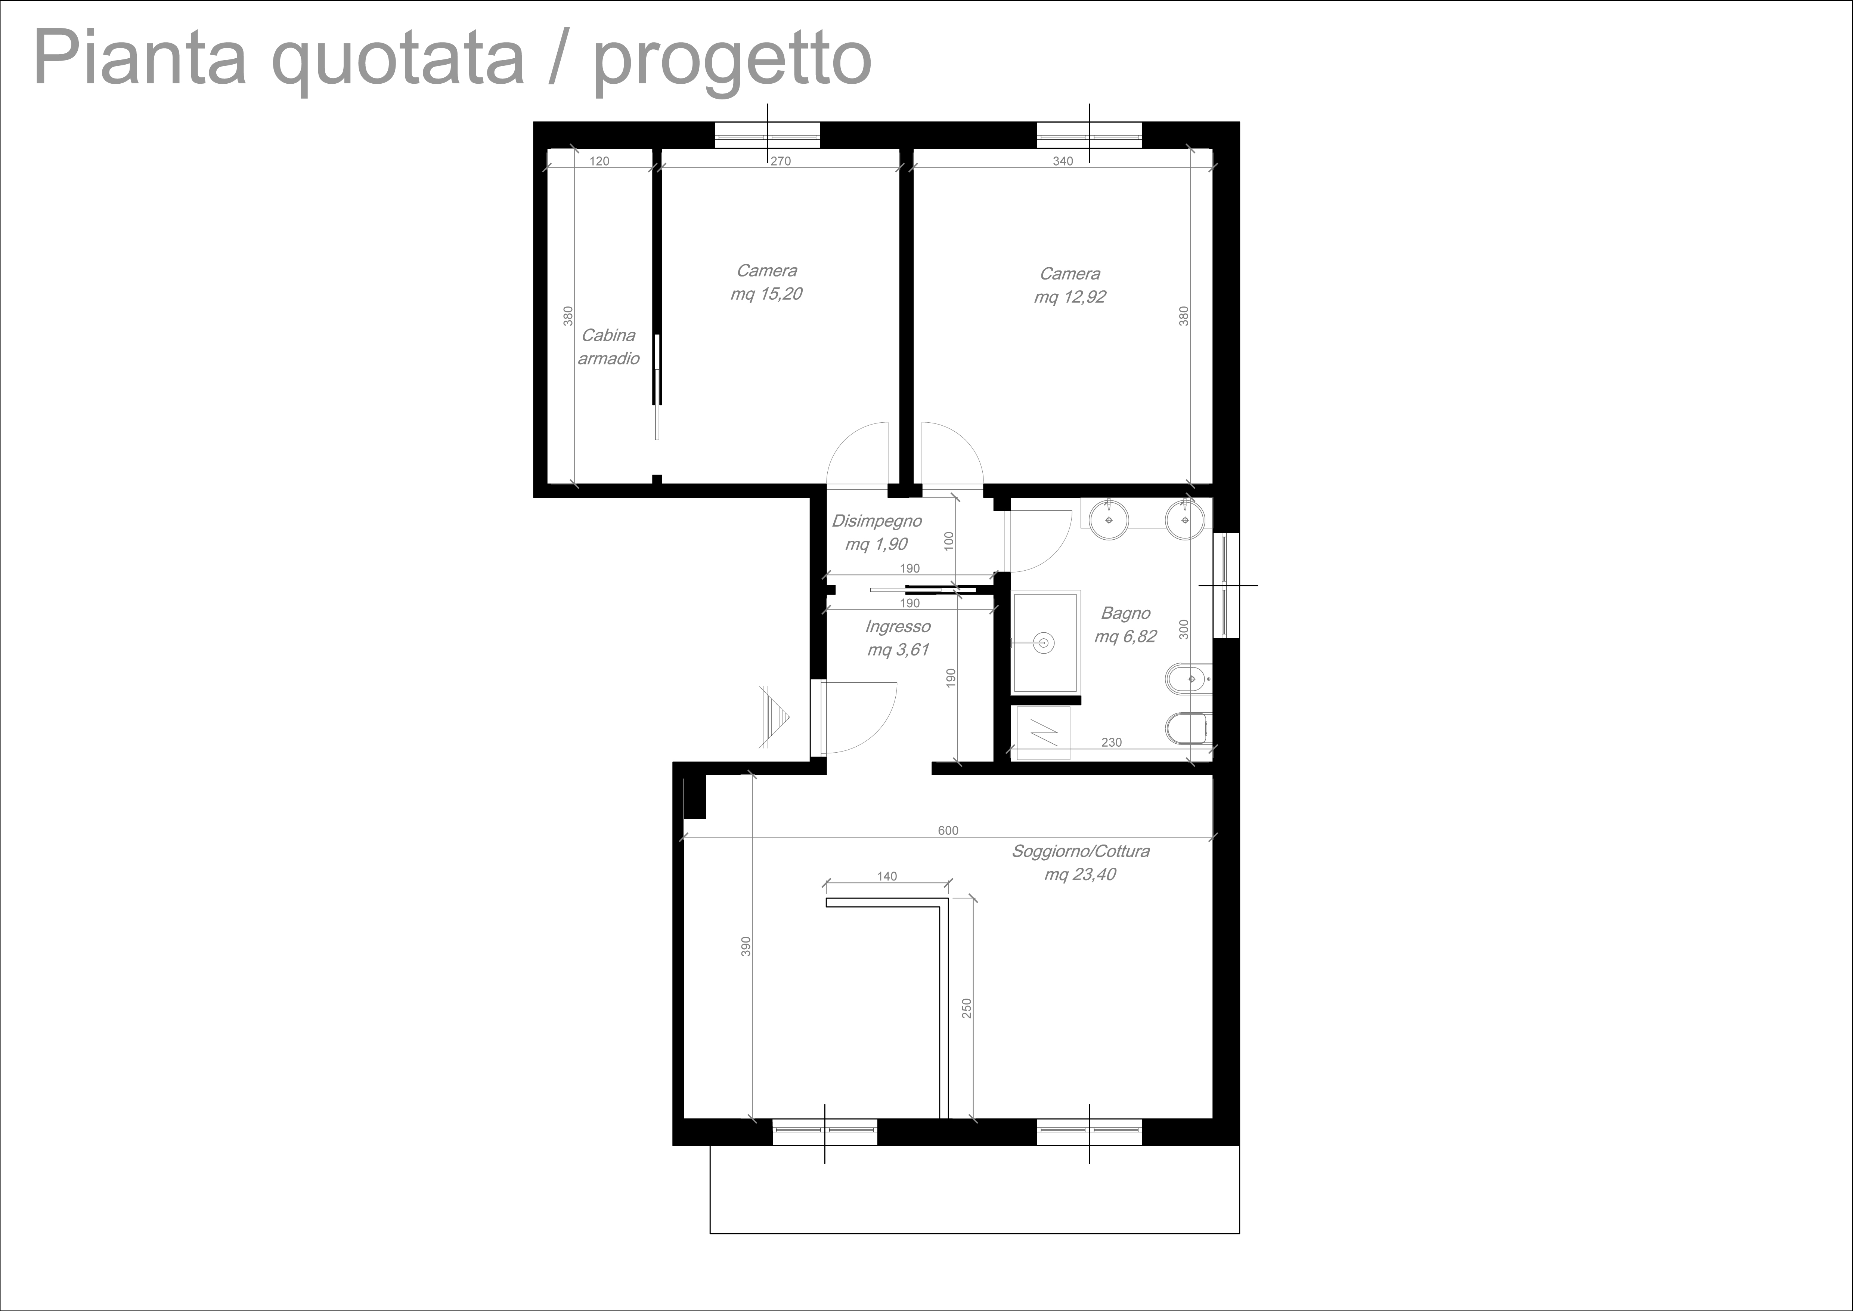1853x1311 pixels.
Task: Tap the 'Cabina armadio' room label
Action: coord(608,346)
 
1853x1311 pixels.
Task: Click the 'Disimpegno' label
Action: coord(877,521)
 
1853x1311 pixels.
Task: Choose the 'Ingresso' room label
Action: coord(898,626)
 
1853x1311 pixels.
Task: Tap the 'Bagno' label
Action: coord(1125,614)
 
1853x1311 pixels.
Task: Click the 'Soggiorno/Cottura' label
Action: coord(1081,851)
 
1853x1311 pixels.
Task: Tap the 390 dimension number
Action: coord(746,946)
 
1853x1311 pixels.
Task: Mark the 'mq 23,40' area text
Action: coord(1080,874)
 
